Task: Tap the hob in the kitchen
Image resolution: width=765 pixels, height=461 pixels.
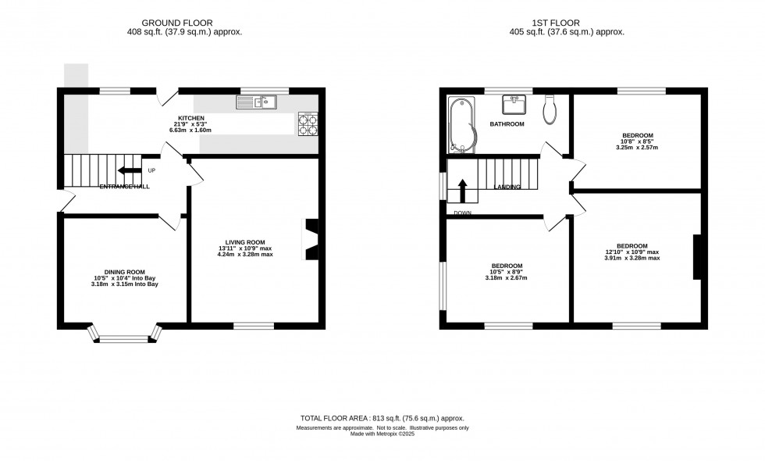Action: (307, 124)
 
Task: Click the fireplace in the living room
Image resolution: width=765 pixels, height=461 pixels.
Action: (310, 238)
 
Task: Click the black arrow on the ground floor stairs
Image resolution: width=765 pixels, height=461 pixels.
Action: (130, 171)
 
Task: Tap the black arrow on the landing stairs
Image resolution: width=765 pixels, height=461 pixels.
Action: (462, 191)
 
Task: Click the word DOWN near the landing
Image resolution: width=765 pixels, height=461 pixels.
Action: (462, 212)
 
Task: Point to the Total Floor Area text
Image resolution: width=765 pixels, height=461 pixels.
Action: (382, 417)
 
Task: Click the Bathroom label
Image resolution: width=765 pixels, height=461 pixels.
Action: (507, 124)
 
